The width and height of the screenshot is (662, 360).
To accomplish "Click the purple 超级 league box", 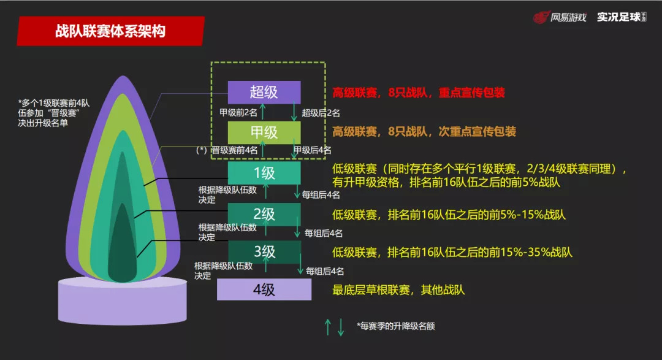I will (x=264, y=93).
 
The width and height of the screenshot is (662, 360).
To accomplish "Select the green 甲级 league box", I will (x=264, y=132).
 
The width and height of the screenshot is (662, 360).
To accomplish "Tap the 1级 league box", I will (x=264, y=173).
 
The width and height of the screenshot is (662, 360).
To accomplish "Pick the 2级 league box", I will (x=264, y=214).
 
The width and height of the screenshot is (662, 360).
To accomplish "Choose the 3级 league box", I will (x=264, y=251).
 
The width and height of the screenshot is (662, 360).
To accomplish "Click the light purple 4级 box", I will (x=264, y=289).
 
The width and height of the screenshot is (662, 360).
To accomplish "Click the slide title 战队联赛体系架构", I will (x=111, y=31).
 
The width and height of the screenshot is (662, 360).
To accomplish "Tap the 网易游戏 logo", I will (x=558, y=17).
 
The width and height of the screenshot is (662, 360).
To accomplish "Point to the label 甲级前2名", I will (x=238, y=113).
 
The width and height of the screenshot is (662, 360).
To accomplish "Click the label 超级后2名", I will (x=321, y=113).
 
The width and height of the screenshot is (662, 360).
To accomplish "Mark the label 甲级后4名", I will (x=312, y=150).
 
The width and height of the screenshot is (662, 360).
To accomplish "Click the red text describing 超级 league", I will (x=419, y=93).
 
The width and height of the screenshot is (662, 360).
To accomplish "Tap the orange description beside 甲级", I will (x=424, y=132).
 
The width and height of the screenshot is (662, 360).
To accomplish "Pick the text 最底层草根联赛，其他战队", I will (x=398, y=289).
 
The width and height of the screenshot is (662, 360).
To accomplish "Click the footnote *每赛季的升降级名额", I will (x=395, y=326).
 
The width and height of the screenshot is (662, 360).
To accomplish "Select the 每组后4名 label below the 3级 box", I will (x=325, y=270).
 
